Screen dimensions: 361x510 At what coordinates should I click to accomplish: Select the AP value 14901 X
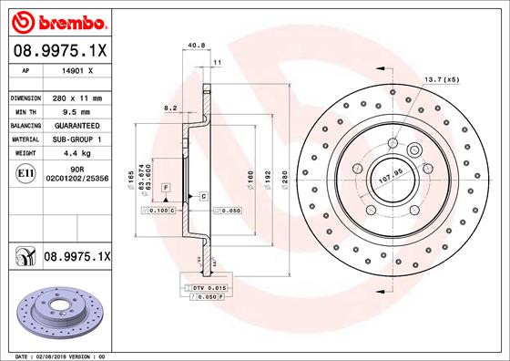[77, 70]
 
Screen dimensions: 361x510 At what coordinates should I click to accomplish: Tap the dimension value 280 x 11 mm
[76, 98]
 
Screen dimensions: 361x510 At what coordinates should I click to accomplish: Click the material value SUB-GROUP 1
[76, 139]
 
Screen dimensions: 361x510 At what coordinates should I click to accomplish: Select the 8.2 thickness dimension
[169, 108]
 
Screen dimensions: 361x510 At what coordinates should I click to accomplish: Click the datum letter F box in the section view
[166, 186]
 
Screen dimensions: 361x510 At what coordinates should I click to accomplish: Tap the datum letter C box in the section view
[203, 196]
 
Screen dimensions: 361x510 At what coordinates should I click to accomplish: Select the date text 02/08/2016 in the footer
[56, 355]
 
